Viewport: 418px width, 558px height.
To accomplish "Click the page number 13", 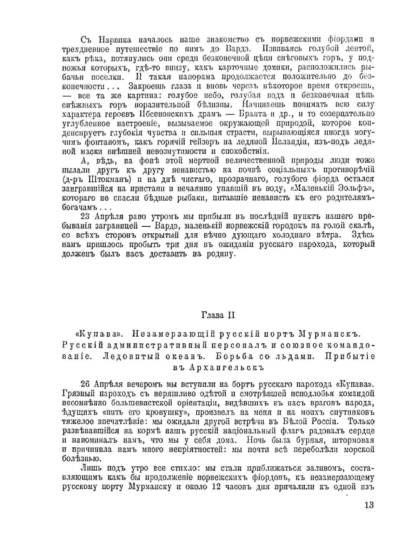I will click(369, 505).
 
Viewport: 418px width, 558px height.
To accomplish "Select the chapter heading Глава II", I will click(218, 315).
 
